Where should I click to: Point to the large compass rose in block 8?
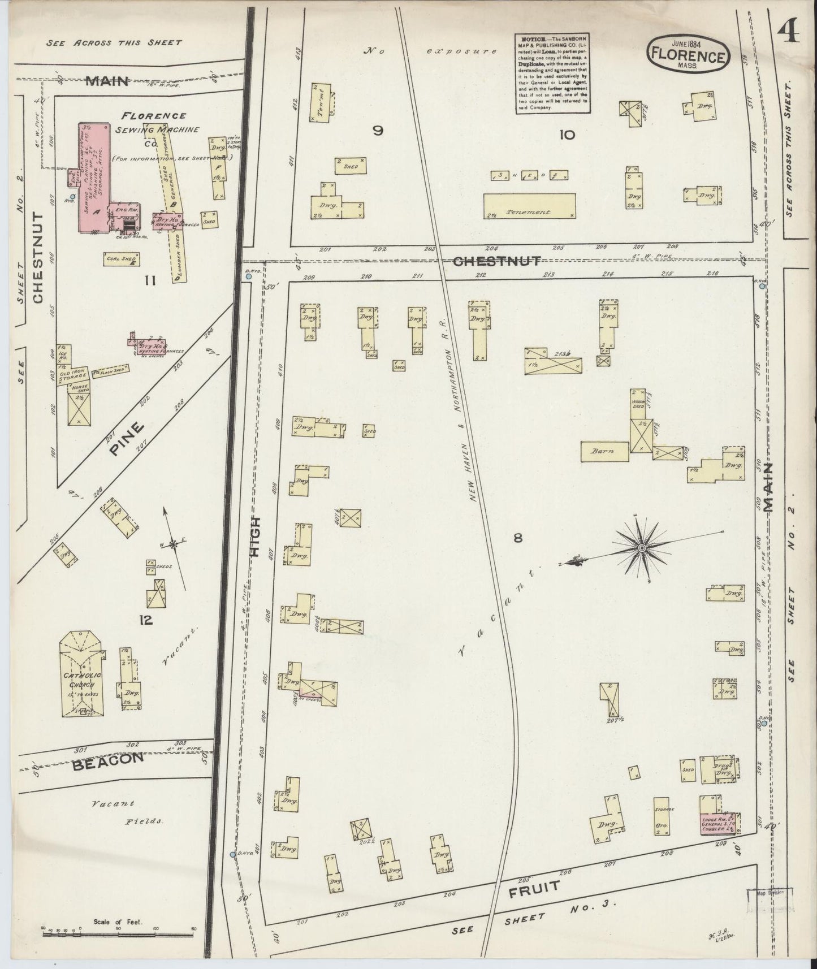642,548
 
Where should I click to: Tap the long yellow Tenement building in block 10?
529,206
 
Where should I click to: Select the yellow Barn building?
604,451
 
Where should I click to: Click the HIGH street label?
256,537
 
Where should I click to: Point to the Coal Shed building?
122,259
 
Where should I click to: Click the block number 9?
378,131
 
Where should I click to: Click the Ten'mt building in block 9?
320,103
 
